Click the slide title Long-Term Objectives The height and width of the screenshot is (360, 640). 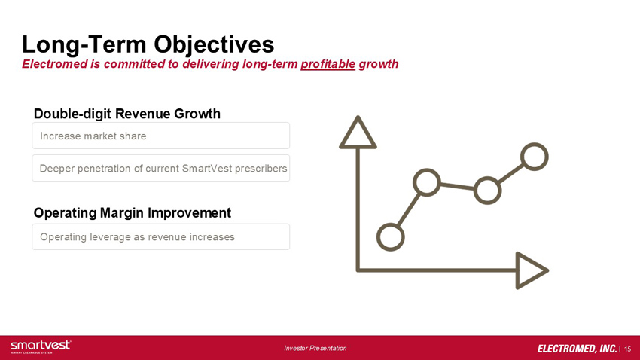click(x=148, y=44)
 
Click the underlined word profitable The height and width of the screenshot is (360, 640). click(x=328, y=65)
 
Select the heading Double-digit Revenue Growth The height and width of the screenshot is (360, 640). click(x=127, y=114)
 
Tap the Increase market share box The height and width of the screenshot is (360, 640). click(x=161, y=136)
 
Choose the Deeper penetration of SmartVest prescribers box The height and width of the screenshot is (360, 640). click(x=161, y=168)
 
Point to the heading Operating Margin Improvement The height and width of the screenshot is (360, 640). click(x=133, y=212)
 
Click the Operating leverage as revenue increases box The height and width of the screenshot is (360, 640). click(x=161, y=236)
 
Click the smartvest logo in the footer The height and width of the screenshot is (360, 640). click(x=41, y=346)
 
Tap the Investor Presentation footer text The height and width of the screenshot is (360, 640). click(x=315, y=348)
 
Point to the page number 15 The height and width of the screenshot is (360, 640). click(x=628, y=349)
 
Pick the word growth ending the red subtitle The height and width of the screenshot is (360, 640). click(x=379, y=65)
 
